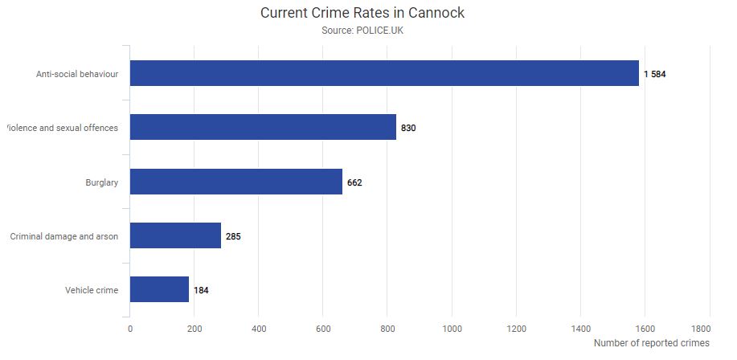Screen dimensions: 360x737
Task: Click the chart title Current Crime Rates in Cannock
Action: (362, 13)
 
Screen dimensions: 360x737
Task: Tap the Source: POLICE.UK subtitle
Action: (362, 31)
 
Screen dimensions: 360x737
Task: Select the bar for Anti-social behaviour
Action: (384, 73)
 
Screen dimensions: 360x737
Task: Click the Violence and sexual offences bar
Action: (263, 127)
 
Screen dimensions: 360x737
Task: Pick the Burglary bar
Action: (235, 182)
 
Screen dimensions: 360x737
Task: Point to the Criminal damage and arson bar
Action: (175, 235)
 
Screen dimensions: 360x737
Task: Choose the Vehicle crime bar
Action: (159, 289)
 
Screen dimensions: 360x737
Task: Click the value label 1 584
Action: (655, 74)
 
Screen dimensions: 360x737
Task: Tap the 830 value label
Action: (408, 128)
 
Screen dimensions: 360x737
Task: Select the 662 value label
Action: (354, 182)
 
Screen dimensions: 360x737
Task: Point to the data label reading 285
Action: (233, 236)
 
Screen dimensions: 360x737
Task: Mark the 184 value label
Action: (201, 290)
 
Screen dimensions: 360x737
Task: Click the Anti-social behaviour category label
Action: (77, 74)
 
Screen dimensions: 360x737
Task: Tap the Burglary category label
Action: (102, 182)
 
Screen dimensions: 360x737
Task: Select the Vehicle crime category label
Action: (92, 290)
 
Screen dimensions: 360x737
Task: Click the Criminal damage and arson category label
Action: (64, 236)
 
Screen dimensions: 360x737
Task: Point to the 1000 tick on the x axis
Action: (452, 329)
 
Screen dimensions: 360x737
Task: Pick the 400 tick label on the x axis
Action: (259, 329)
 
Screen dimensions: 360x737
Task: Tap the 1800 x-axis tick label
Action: (700, 329)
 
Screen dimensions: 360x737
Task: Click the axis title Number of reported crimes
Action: (652, 343)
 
